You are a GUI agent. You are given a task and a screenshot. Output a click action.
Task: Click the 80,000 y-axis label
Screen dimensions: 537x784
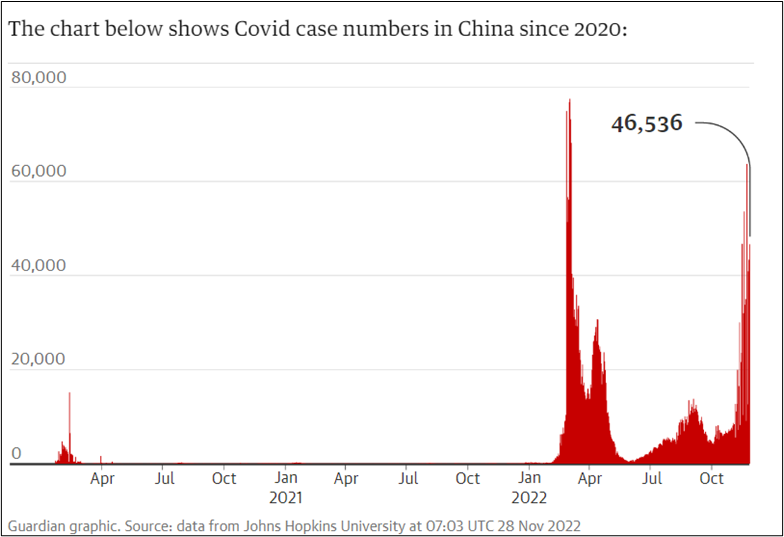[x=38, y=77]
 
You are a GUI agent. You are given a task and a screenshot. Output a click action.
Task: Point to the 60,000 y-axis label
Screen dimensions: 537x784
[x=38, y=171]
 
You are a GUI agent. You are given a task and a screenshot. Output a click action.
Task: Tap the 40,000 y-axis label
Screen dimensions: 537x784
[x=38, y=265]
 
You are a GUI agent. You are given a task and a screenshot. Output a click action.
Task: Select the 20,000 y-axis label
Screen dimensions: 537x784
[x=38, y=359]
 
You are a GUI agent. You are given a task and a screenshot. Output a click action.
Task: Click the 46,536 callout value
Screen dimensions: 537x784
[x=646, y=124]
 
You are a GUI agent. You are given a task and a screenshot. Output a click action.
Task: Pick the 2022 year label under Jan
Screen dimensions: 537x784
[x=529, y=496]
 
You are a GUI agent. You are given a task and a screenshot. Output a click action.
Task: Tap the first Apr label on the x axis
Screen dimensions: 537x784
[x=102, y=478]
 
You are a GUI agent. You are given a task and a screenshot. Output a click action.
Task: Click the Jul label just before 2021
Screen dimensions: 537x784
[x=164, y=478]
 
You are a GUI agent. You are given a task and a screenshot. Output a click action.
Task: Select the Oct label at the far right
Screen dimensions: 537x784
[x=711, y=478]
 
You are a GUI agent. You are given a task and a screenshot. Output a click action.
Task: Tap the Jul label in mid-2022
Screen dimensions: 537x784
[x=651, y=478]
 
